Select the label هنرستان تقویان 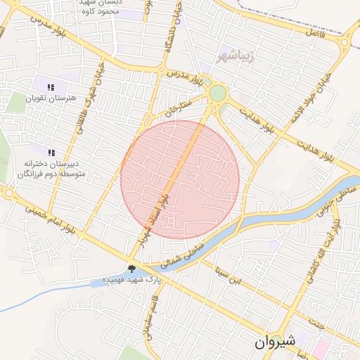tap(50, 99)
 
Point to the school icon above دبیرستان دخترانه tap(51, 152)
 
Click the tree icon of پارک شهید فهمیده tap(131, 267)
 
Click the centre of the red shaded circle tap(180, 180)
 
